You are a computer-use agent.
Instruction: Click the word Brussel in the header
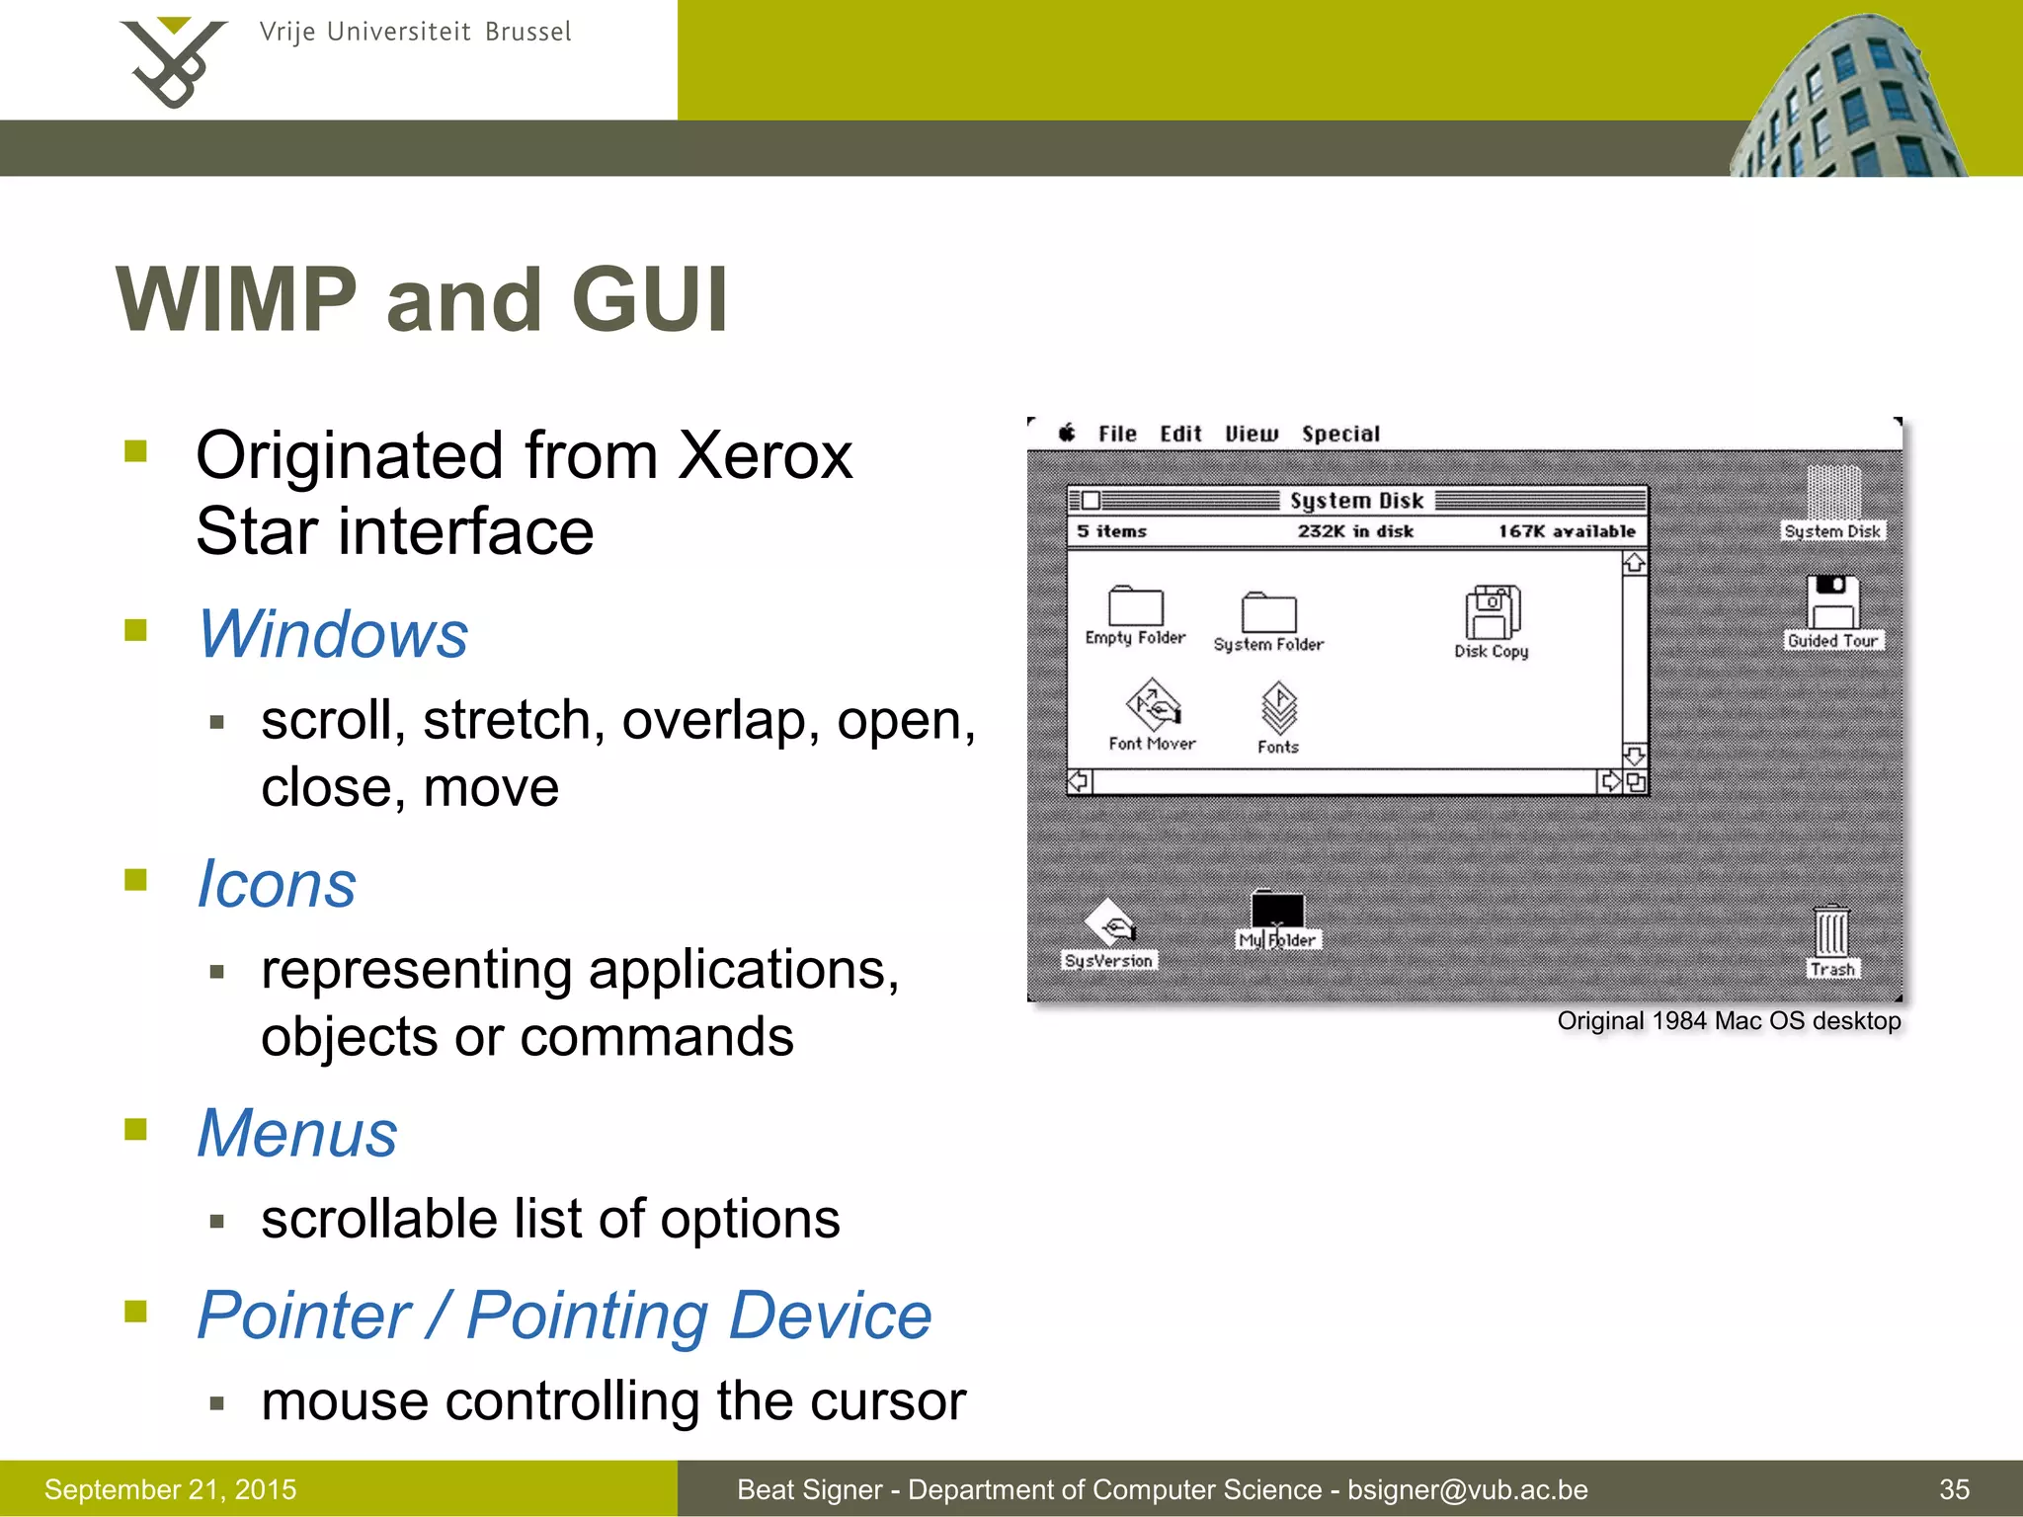527,33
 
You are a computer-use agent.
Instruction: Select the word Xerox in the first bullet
766,456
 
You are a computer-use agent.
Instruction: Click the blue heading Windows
333,634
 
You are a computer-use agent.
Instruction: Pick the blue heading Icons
277,884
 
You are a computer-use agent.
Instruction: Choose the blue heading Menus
297,1133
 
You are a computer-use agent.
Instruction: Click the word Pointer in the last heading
303,1316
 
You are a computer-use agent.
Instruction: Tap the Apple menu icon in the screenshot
1067,433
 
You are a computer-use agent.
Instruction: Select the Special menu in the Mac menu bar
1339,434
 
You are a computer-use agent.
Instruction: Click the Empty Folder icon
1135,605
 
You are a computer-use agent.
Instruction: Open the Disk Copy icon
1492,612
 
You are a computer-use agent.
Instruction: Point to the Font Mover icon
1153,703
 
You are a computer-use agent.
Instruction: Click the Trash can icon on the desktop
1831,930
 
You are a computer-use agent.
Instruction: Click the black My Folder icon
1277,908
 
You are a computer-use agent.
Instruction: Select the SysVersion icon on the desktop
1109,922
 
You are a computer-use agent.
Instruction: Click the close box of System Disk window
1091,501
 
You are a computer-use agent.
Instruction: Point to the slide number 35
1954,1489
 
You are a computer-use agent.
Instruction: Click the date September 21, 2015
170,1489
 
